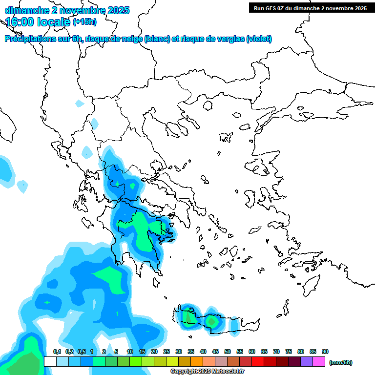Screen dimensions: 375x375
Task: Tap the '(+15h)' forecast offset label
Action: pos(84,22)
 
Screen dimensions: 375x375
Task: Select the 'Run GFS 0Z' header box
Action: pos(310,8)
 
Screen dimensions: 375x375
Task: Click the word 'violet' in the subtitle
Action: pos(259,39)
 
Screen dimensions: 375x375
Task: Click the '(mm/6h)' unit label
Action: pos(340,362)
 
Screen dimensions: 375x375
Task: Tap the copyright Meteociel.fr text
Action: pos(208,372)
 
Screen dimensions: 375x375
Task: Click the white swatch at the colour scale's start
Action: pos(50,362)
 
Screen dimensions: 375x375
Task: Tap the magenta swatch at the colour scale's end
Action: pos(319,362)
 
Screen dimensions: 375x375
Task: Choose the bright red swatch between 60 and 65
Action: pos(258,362)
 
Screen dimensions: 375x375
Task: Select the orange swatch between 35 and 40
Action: pos(197,362)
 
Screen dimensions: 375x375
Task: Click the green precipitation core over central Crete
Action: pos(211,321)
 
